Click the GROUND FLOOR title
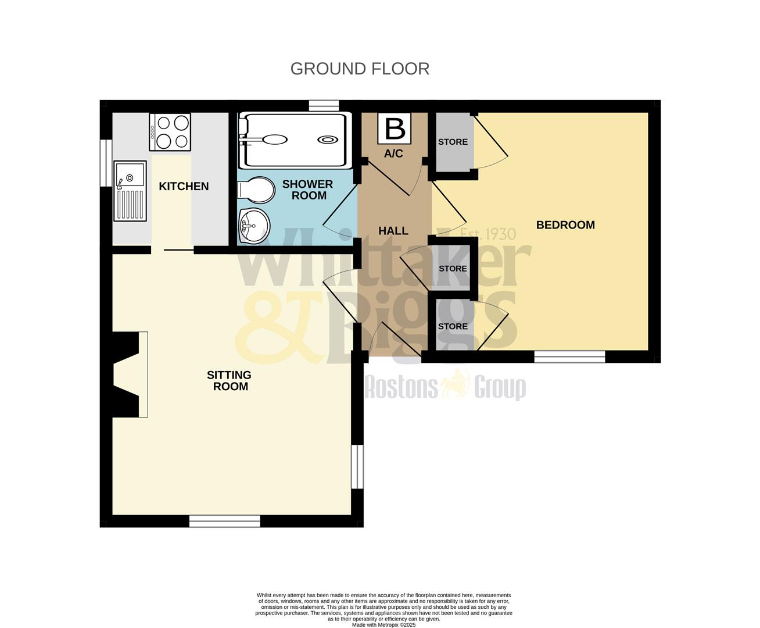tap(360, 69)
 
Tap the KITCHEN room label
tap(184, 186)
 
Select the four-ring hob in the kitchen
tap(170, 132)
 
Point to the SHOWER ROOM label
tap(308, 190)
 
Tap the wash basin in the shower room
tap(254, 223)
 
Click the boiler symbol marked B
tap(395, 129)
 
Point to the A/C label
tap(393, 154)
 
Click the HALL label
tap(393, 231)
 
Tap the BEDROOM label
tap(565, 225)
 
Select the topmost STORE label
tap(453, 142)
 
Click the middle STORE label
tap(453, 269)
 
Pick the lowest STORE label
tap(453, 326)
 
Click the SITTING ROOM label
tap(230, 381)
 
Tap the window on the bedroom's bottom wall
tap(569, 356)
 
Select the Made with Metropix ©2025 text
tap(383, 625)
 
